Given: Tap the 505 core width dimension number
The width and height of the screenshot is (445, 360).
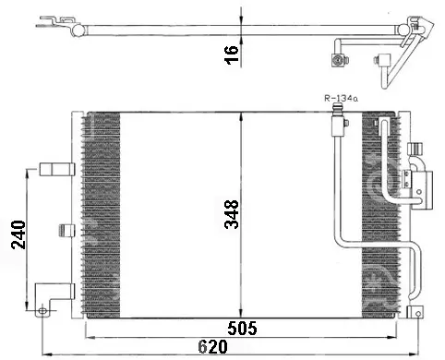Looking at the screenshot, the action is click(x=242, y=328).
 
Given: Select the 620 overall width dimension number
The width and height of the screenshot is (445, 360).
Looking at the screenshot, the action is click(x=212, y=347).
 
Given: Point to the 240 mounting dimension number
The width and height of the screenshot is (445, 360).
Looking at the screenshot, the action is click(x=18, y=234).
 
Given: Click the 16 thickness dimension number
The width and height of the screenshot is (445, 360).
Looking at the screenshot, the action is click(x=232, y=54).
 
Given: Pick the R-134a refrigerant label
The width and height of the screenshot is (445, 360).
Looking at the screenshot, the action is click(x=341, y=99).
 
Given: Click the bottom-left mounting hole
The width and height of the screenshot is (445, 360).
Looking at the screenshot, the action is click(x=42, y=311).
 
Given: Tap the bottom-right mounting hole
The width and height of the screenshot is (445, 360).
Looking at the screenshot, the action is click(x=418, y=314).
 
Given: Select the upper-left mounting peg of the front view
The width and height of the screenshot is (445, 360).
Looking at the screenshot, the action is click(x=57, y=169).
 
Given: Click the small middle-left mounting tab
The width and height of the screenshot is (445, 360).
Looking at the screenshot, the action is click(x=66, y=231).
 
